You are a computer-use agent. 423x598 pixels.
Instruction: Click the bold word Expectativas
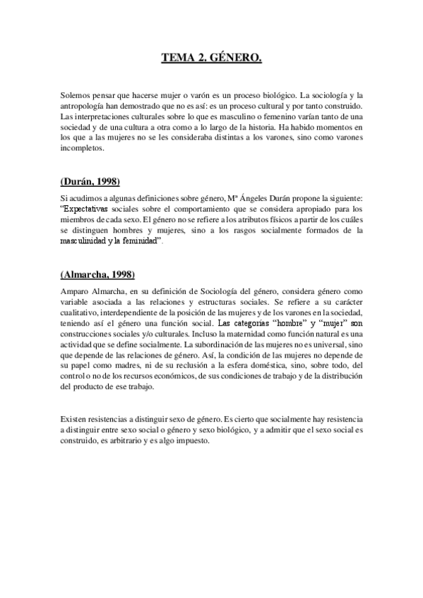pyautogui.click(x=85, y=209)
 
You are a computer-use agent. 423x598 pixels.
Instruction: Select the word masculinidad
pyautogui.click(x=88, y=241)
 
